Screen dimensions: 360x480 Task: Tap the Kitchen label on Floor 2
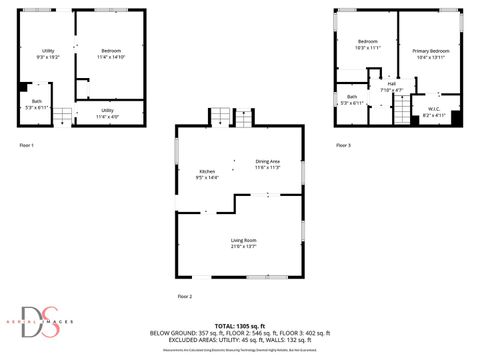tap(207, 173)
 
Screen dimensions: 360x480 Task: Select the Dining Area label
tap(267, 164)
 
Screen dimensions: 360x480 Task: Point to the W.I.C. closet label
tap(434, 112)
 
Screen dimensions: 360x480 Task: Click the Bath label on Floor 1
tap(36, 104)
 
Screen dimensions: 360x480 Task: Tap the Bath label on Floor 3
tap(352, 99)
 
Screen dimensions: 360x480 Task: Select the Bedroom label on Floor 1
tap(111, 54)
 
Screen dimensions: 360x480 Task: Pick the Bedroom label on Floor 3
tap(368, 44)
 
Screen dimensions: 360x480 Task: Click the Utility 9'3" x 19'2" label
tap(48, 55)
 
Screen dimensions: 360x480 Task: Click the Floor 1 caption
tap(27, 146)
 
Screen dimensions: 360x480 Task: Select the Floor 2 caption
tap(184, 297)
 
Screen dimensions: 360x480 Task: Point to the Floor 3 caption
tap(343, 146)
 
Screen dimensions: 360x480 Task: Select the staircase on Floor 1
tap(61, 116)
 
